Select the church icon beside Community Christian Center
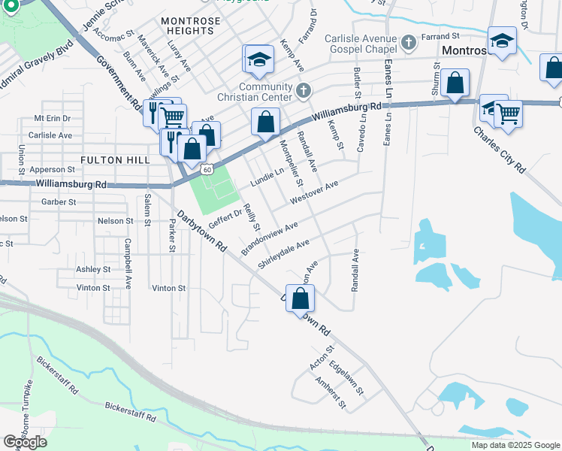coord(304,91)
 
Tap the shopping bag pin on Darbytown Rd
coord(300,298)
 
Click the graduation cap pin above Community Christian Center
coord(259,59)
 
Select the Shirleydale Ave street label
coord(283,254)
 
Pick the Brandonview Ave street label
coord(270,237)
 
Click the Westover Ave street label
coord(314,194)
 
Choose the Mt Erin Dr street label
coord(52,119)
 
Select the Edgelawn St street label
coord(346,380)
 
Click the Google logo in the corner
coord(25,442)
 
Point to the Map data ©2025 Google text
coord(515,445)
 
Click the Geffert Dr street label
coord(225,218)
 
